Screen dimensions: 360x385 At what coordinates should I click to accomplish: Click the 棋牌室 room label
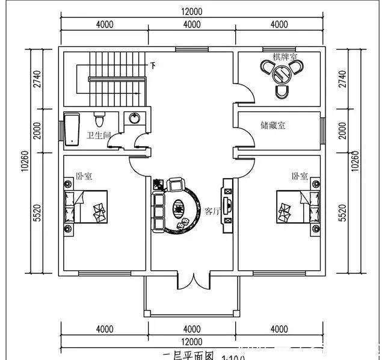click(285, 57)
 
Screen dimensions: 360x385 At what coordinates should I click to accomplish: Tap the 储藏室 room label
click(273, 125)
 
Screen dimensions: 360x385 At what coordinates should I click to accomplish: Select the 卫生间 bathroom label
click(99, 135)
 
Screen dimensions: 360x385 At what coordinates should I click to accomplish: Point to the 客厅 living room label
click(213, 211)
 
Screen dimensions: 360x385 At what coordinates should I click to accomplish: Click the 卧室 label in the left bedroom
click(83, 176)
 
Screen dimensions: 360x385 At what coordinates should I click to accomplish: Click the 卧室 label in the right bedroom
click(299, 176)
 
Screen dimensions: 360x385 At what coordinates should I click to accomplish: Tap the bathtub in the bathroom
click(73, 128)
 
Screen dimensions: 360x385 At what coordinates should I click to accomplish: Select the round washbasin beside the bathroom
click(134, 117)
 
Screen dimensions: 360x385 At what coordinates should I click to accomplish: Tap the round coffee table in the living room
click(179, 208)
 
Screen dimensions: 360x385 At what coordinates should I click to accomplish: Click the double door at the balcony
click(192, 280)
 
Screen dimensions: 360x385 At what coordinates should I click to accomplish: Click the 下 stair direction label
click(153, 65)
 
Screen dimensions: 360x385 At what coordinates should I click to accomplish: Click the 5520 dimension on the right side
click(343, 213)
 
